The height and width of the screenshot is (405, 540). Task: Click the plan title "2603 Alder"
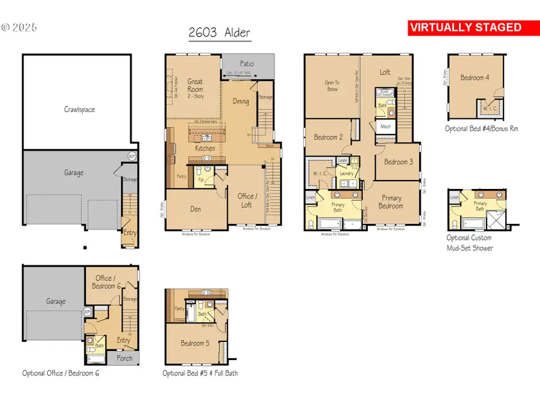tap(220, 33)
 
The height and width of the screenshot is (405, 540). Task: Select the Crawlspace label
tap(79, 110)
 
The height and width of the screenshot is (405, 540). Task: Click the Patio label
tap(247, 63)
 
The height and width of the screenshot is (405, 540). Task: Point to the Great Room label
tap(195, 85)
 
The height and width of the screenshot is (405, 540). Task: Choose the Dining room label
tap(241, 101)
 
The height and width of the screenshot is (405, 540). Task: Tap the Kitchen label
tap(205, 148)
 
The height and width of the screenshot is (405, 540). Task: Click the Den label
tap(196, 210)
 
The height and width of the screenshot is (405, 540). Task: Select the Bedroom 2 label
tap(328, 137)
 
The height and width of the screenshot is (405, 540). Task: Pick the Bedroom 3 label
tap(398, 161)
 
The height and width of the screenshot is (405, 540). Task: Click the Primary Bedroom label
tap(391, 202)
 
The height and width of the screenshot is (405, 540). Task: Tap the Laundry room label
tap(347, 173)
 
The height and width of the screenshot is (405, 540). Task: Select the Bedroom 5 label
tap(195, 344)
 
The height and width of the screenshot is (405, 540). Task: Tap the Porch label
tap(125, 358)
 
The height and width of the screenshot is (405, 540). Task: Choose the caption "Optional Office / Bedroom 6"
tap(61, 373)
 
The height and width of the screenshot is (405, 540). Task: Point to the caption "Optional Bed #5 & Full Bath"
tap(200, 373)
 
